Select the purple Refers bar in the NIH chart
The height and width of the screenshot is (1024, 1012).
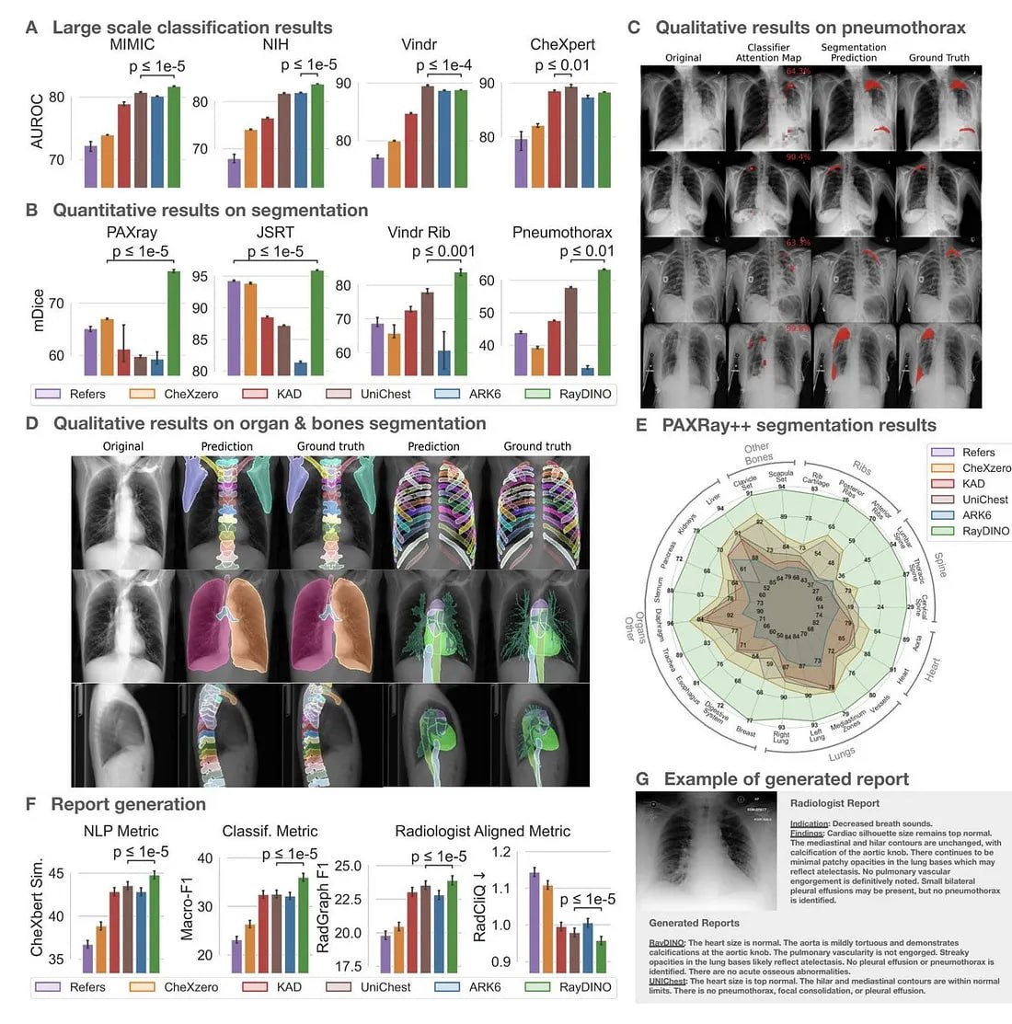click(235, 173)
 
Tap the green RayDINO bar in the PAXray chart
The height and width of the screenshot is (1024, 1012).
click(174, 323)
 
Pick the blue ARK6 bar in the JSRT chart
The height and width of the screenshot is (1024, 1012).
click(301, 368)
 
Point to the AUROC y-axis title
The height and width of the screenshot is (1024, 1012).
click(37, 121)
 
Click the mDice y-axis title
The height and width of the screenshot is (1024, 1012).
click(37, 310)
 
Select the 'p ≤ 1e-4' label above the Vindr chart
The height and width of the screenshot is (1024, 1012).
click(444, 65)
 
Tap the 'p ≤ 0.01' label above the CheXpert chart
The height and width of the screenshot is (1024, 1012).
click(562, 65)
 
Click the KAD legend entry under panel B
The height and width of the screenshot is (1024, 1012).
click(275, 394)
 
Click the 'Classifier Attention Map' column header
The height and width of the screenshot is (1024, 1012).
click(768, 52)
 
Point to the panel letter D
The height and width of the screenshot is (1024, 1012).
click(32, 423)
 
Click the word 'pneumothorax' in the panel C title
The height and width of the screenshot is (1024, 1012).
click(914, 28)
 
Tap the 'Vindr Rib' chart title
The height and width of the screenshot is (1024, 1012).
click(419, 233)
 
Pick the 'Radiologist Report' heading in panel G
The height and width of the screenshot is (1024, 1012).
click(834, 803)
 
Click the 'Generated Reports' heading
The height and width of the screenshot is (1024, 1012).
click(694, 923)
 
